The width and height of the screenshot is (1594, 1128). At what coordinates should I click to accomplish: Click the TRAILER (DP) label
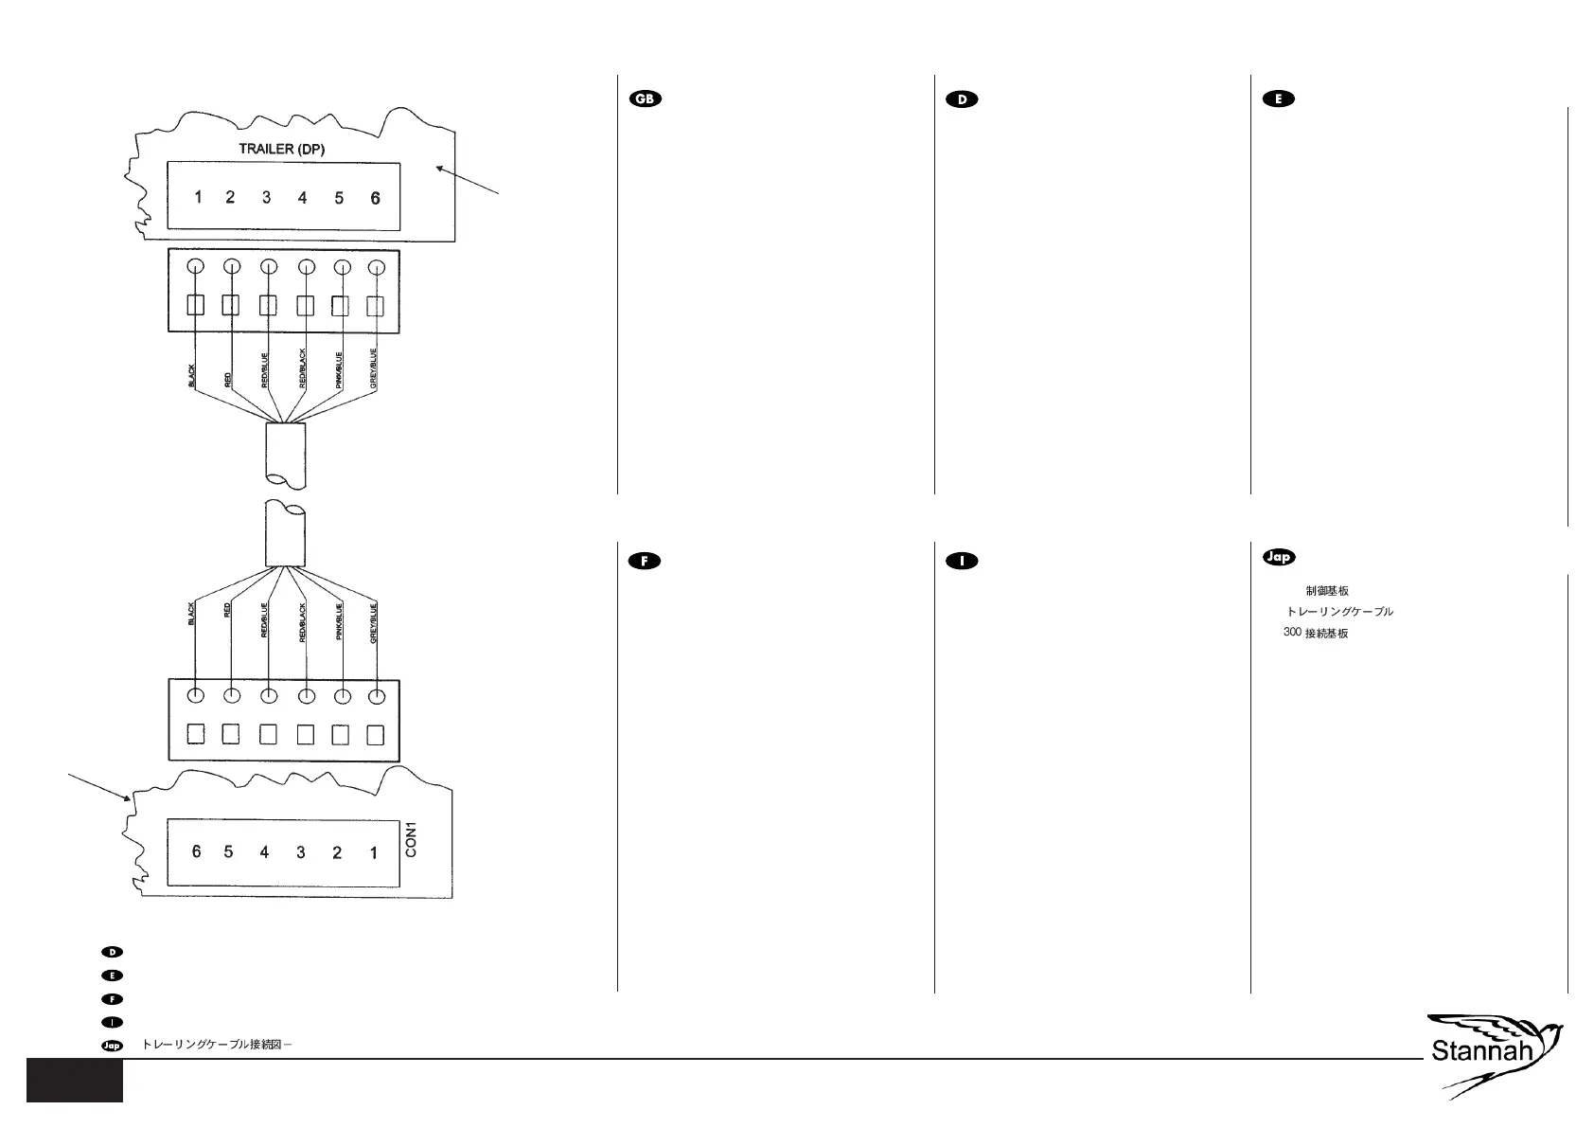pos(282,149)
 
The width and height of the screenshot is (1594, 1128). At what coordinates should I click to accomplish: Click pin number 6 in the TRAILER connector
pos(376,198)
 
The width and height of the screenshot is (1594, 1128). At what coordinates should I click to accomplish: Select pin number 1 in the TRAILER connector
pos(198,197)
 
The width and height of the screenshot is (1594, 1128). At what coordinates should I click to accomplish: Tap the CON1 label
pos(411,839)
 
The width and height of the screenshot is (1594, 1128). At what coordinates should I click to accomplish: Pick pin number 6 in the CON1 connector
pos(197,850)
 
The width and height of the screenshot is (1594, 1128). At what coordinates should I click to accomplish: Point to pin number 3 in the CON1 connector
pos(301,852)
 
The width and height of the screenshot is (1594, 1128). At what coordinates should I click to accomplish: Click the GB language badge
pos(646,99)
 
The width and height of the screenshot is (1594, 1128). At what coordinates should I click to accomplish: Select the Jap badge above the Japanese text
pos(1279,557)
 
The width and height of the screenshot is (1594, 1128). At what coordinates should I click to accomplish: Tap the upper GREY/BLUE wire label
pos(374,370)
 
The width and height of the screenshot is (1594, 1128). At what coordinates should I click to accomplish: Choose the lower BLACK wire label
pos(191,614)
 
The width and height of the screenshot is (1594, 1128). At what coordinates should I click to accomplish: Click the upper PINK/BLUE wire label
pos(339,370)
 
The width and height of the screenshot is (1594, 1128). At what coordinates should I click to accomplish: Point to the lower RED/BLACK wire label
pos(303,622)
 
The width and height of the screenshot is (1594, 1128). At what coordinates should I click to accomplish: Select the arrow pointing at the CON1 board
pos(98,786)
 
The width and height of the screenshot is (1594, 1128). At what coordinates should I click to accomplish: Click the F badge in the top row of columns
pos(645,561)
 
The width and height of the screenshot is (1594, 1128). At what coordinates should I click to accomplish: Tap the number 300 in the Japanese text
pos(1292,632)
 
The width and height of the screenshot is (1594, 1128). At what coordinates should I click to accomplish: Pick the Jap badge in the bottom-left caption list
pos(112,1046)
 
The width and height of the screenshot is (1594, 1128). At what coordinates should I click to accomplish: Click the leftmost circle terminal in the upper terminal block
pos(195,266)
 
